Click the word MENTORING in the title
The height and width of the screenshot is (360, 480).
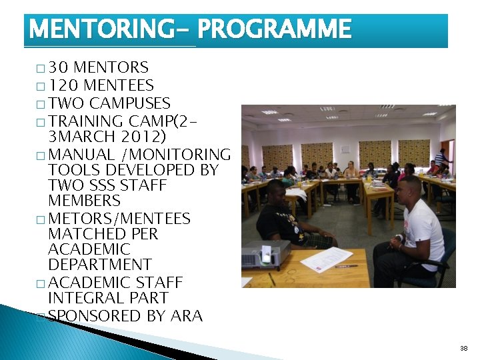pos(103,29)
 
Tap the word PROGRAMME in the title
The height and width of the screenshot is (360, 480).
pos(274,29)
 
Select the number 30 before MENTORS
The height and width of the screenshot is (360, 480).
pos(59,67)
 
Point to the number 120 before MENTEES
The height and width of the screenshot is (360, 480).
pos(63,85)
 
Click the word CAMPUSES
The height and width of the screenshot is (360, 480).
pos(129,103)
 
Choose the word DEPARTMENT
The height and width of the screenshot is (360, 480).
pos(100,265)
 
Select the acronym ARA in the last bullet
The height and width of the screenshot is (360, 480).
pos(187,316)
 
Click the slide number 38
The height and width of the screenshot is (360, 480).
pos(463,349)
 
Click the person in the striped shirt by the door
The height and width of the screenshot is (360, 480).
pos(441,160)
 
